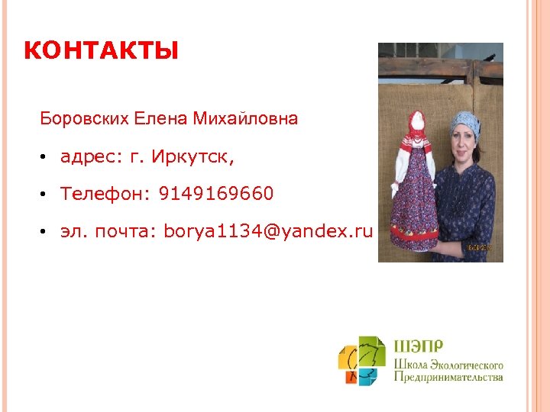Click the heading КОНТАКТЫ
point(101,52)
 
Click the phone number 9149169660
point(216,195)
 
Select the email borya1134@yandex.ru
point(268,231)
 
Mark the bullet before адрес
point(46,158)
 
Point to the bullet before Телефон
point(46,195)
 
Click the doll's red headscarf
point(415,126)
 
